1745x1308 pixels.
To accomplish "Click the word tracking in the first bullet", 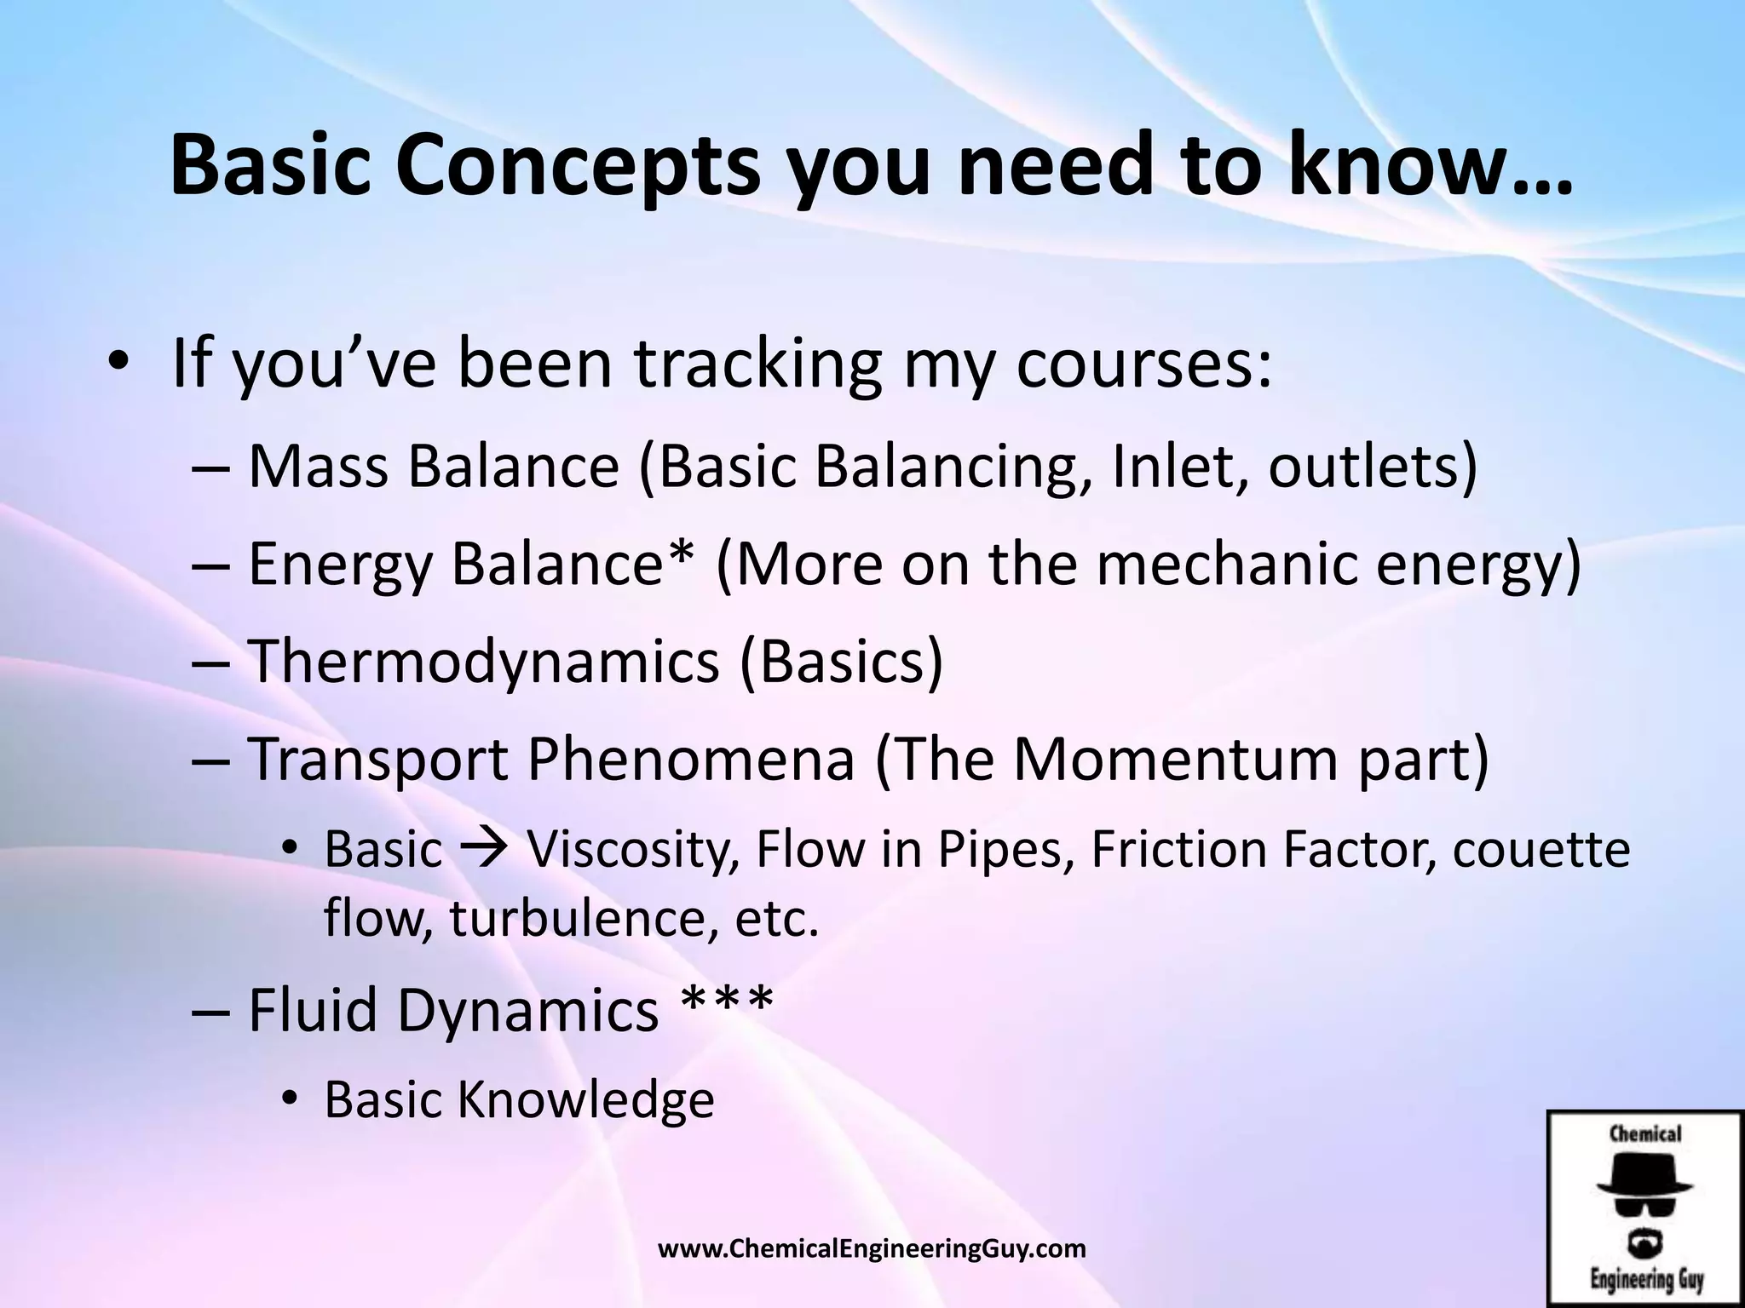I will click(757, 364).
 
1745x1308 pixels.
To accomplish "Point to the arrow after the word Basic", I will click(484, 850).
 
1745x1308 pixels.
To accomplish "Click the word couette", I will click(1541, 850).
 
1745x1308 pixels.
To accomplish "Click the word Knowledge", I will click(585, 1099).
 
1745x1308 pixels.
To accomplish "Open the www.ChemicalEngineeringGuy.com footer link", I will click(872, 1249).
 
